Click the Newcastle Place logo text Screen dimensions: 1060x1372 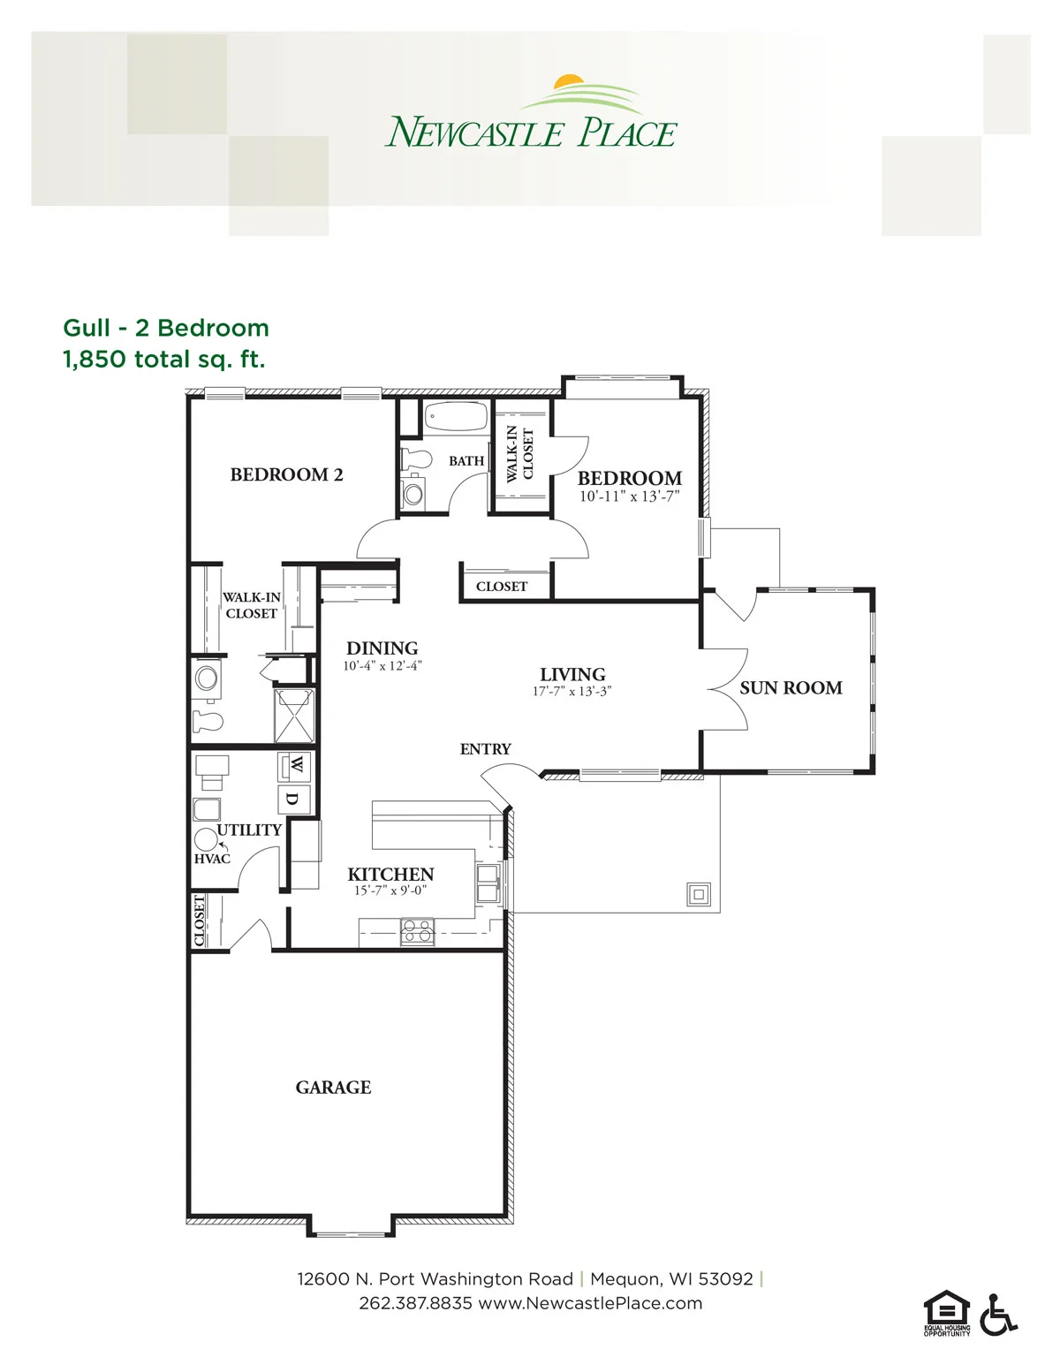pyautogui.click(x=530, y=132)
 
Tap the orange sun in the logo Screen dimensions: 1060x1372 pyautogui.click(x=568, y=81)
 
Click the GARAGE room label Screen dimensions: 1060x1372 pyautogui.click(x=333, y=1088)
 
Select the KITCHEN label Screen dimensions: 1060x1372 pyautogui.click(x=390, y=875)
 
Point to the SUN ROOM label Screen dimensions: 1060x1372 pyautogui.click(x=791, y=687)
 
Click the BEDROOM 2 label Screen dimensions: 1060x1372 pyautogui.click(x=286, y=474)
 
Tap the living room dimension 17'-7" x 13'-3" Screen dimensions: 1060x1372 pyautogui.click(x=572, y=692)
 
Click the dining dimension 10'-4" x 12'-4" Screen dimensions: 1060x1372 pyautogui.click(x=382, y=665)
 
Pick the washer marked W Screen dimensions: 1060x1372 pyautogui.click(x=294, y=767)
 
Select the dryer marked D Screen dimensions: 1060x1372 pyautogui.click(x=294, y=800)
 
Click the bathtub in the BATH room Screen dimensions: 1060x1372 pyautogui.click(x=457, y=417)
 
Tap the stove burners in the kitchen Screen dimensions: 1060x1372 pyautogui.click(x=417, y=932)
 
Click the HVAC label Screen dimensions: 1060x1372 pyautogui.click(x=212, y=859)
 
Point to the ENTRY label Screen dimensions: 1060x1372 pyautogui.click(x=485, y=749)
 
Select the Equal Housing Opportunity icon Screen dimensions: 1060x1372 pyautogui.click(x=946, y=1313)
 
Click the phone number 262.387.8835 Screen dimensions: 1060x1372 pyautogui.click(x=415, y=1303)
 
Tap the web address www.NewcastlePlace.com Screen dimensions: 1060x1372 pyautogui.click(x=590, y=1303)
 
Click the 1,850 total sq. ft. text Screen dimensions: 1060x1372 pyautogui.click(x=164, y=360)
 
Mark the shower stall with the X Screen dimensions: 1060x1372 pyautogui.click(x=294, y=715)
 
